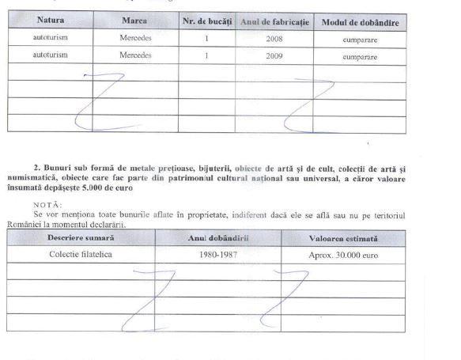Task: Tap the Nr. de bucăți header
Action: pyautogui.click(x=206, y=21)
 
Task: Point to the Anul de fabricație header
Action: pyautogui.click(x=274, y=21)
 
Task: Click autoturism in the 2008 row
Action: pyautogui.click(x=51, y=37)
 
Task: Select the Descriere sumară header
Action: pyautogui.click(x=81, y=237)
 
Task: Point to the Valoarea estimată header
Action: pyautogui.click(x=343, y=238)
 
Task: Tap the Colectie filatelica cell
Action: pyautogui.click(x=81, y=255)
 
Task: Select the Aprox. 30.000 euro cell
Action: pyautogui.click(x=343, y=256)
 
